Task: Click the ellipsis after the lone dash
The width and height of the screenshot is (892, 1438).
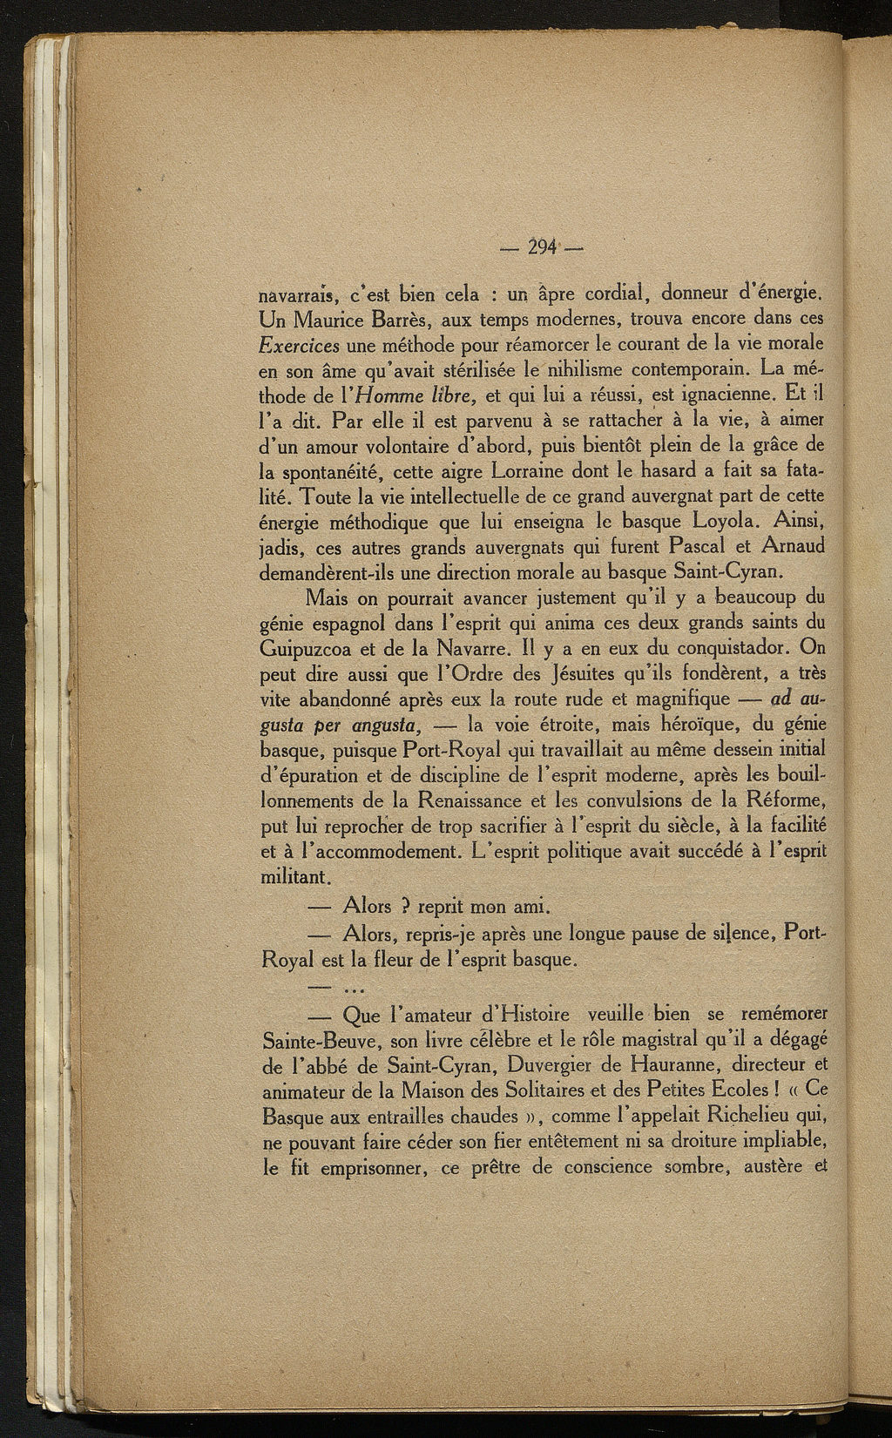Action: point(355,990)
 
